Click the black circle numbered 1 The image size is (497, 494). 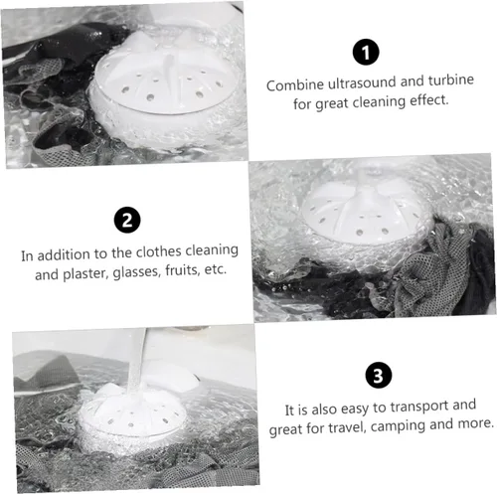click(x=366, y=52)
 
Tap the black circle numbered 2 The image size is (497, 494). click(x=127, y=220)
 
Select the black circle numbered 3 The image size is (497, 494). click(x=379, y=375)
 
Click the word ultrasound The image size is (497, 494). click(x=362, y=82)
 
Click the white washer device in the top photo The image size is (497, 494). click(x=165, y=89)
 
